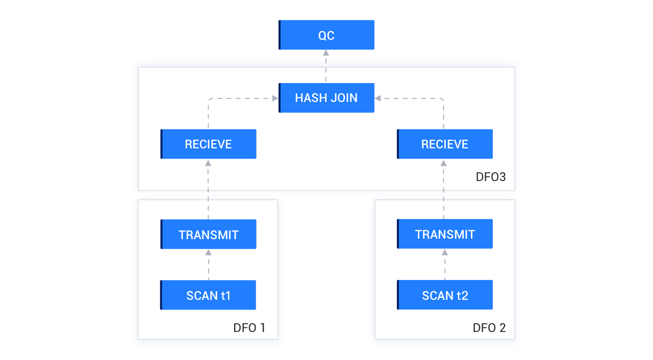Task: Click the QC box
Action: (326, 35)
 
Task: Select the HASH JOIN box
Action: (326, 98)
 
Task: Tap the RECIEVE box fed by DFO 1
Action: (208, 144)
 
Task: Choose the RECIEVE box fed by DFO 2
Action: (445, 144)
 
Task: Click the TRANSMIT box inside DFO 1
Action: (208, 235)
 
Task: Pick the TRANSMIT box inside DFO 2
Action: (445, 235)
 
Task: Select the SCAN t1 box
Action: (208, 295)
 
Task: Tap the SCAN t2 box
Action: (445, 295)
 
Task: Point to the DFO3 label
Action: (490, 177)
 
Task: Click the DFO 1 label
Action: (249, 328)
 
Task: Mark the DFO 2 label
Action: (489, 328)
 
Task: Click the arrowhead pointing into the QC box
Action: (326, 53)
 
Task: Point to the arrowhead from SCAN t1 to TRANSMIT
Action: (208, 252)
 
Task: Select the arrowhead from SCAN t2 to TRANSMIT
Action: (444, 252)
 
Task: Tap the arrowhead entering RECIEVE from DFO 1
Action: (208, 163)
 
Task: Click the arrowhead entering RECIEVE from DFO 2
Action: (444, 163)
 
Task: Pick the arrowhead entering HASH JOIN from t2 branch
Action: (378, 98)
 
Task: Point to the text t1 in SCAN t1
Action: (225, 296)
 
